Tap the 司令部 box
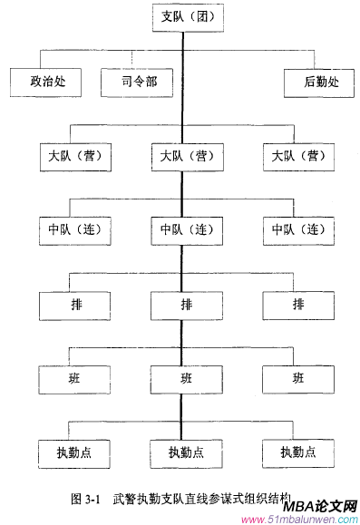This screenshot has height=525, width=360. (140, 83)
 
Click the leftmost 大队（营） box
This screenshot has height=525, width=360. (73, 156)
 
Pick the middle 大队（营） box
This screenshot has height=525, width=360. (186, 156)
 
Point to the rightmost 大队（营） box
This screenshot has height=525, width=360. (297, 156)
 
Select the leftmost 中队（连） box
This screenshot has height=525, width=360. (73, 229)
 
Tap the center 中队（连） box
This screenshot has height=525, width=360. (186, 229)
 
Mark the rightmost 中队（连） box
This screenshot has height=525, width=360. (297, 229)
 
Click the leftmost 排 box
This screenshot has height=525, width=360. (73, 303)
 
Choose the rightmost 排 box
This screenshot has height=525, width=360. (297, 303)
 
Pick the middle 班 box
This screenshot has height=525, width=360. (186, 376)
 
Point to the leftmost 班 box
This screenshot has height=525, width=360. (73, 376)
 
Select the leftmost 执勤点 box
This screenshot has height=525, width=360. (73, 451)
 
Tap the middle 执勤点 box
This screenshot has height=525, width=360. (186, 451)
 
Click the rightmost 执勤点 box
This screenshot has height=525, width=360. (297, 451)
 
